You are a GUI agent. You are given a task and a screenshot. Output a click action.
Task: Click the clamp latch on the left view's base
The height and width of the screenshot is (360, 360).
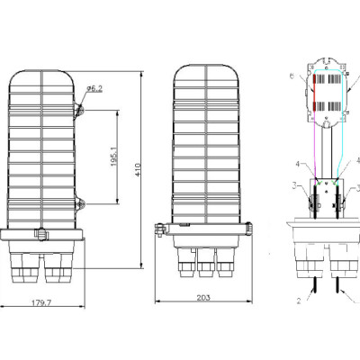point(40,237)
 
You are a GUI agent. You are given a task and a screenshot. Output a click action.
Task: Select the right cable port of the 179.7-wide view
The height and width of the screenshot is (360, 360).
point(59,266)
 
